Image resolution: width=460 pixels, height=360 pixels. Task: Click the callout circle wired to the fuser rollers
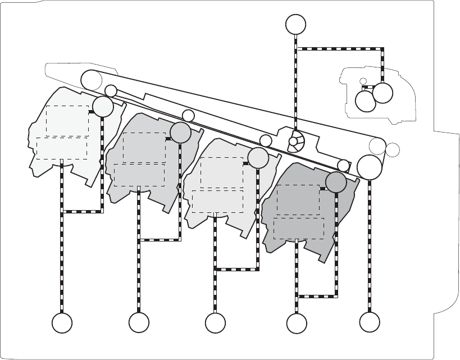(x=296, y=24)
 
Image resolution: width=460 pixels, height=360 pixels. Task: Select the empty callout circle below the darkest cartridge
(x=296, y=323)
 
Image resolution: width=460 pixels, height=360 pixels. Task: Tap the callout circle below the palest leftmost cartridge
(x=62, y=323)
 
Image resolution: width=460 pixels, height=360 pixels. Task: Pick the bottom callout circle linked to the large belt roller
(x=369, y=323)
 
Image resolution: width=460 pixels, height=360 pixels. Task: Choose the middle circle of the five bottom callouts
(x=215, y=323)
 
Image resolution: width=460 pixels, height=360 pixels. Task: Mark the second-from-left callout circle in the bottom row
(x=139, y=323)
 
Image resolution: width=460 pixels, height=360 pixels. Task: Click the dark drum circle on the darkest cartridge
(x=336, y=182)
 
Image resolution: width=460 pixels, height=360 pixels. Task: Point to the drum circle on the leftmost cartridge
(x=103, y=107)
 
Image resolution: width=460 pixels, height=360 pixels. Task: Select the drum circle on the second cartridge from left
(x=180, y=133)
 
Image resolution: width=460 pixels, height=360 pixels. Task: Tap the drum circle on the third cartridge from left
(x=258, y=158)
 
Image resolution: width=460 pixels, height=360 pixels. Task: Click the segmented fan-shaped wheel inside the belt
(x=295, y=142)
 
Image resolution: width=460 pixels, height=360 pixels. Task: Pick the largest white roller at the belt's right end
(x=369, y=166)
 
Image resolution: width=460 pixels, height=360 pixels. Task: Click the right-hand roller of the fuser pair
(x=383, y=93)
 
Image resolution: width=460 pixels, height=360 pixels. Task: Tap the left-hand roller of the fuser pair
(x=366, y=101)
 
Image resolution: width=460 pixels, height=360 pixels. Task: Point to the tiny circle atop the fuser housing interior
(x=363, y=82)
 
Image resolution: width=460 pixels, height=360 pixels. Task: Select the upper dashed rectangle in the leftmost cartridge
(x=67, y=120)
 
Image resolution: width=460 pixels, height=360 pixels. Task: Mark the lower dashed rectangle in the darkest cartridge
(x=298, y=227)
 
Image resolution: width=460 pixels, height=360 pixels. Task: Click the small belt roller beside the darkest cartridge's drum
(x=344, y=165)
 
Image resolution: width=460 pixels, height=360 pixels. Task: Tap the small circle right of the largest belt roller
(x=393, y=150)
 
